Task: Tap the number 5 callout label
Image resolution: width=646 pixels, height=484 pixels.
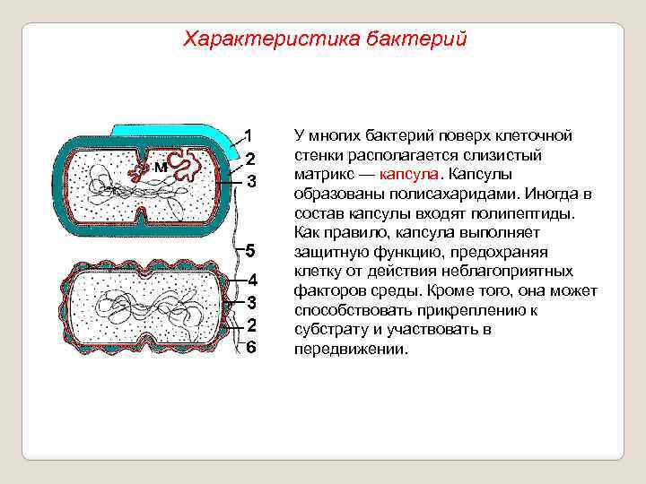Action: click(x=252, y=248)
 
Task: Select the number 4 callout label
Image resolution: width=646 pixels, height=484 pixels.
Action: click(x=252, y=279)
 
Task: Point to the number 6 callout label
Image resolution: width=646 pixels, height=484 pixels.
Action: click(x=252, y=348)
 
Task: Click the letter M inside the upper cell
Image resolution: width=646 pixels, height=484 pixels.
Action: click(x=159, y=167)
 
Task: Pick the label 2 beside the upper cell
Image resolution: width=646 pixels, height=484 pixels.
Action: click(x=252, y=159)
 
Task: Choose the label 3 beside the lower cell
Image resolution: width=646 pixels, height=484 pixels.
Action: click(x=252, y=302)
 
